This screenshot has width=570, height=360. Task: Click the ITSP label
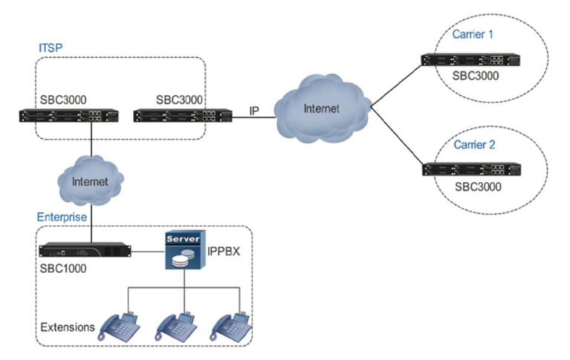pyautogui.click(x=50, y=48)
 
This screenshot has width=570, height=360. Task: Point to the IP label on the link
pyautogui.click(x=254, y=111)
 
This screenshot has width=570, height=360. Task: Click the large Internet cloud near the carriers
pyautogui.click(x=321, y=109)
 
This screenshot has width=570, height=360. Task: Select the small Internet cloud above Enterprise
pyautogui.click(x=88, y=180)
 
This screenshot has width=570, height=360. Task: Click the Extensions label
pyautogui.click(x=67, y=326)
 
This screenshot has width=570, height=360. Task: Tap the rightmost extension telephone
pyautogui.click(x=232, y=326)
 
